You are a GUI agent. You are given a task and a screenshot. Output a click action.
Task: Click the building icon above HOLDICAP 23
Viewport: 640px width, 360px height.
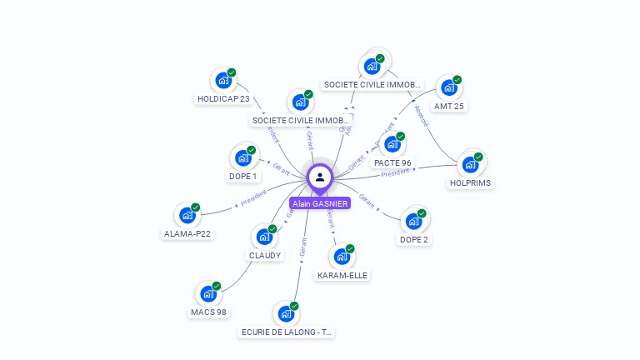pos(222,81)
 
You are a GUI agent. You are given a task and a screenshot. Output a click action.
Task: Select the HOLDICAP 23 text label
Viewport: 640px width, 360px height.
pos(223,98)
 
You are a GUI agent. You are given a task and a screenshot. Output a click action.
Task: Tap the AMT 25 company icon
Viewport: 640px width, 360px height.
pos(448,87)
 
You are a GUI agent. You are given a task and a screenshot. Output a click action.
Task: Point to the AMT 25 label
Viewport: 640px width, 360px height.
pos(449,106)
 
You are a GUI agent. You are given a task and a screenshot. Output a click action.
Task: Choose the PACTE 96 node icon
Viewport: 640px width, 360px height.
pos(392,144)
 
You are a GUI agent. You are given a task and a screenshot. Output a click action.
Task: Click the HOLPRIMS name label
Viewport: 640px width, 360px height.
pos(470,182)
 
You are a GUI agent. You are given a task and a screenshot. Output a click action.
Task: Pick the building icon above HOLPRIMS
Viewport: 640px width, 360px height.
pos(470,164)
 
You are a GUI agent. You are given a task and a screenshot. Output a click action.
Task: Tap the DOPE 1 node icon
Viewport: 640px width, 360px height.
pos(243,157)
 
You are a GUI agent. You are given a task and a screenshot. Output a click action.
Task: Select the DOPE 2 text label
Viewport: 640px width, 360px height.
pos(414,239)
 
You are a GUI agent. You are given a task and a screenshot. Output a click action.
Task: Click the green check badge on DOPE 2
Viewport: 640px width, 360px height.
pos(422,213)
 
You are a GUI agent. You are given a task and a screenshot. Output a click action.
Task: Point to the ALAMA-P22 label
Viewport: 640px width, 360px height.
pos(187,233)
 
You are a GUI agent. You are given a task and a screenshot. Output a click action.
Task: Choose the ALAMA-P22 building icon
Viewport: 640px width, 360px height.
pos(187,215)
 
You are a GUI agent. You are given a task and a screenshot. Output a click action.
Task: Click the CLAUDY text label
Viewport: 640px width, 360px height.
pos(265,255)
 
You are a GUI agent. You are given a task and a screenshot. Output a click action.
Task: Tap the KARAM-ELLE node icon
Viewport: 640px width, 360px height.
pos(342,257)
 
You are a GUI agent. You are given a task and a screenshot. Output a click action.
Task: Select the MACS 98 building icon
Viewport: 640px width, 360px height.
pos(208,293)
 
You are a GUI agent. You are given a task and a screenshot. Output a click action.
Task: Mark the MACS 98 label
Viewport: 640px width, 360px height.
pos(208,312)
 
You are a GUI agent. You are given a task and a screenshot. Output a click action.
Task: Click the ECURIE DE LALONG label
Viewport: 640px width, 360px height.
pos(286,332)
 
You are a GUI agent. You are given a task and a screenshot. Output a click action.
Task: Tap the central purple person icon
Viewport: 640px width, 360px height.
pos(320,177)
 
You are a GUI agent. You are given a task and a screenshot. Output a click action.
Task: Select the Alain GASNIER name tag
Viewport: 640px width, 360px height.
pos(320,203)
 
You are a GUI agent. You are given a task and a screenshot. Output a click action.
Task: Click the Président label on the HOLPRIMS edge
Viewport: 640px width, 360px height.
pos(396,172)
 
